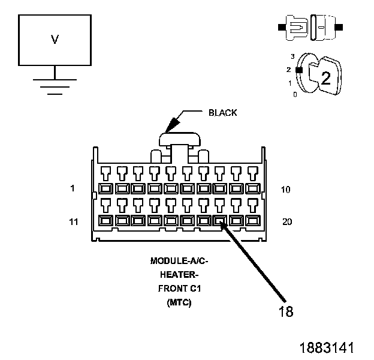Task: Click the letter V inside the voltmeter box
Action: click(x=55, y=40)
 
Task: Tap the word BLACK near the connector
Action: click(x=222, y=113)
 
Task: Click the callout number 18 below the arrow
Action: click(x=285, y=311)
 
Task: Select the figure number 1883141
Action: click(x=327, y=347)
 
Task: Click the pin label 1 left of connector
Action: click(x=73, y=188)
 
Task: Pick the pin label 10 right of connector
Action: click(x=285, y=190)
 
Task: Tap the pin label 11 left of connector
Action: click(x=74, y=222)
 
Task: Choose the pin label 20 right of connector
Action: click(x=287, y=222)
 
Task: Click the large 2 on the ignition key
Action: click(x=326, y=78)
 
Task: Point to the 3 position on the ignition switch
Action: click(x=292, y=56)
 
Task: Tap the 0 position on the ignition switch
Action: click(x=295, y=95)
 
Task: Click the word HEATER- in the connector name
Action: click(x=179, y=275)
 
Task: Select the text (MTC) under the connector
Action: click(x=179, y=302)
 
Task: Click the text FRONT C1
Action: click(x=179, y=289)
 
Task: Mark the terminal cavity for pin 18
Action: click(x=220, y=220)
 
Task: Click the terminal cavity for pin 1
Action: click(x=105, y=188)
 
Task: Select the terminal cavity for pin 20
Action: click(x=253, y=220)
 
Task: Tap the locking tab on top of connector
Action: click(x=180, y=140)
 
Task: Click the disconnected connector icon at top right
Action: click(x=310, y=28)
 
